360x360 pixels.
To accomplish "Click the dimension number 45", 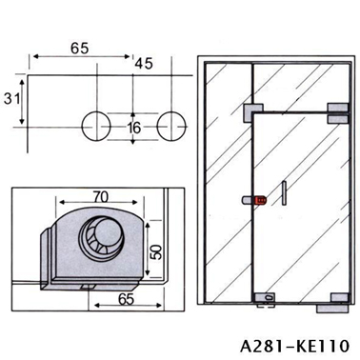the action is coord(144,64).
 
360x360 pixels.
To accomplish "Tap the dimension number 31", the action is coord(11,99).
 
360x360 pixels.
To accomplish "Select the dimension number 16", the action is coord(133,128).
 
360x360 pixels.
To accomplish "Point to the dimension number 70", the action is coord(101,197).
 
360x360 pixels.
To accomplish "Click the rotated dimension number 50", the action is coord(156,251).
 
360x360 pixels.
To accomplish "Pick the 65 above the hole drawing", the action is coord(79,49).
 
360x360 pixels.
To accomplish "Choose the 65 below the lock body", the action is coord(127,299).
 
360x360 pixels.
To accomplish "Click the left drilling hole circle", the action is coord(96,126).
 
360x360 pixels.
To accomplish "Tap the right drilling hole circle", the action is coord(171,126).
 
